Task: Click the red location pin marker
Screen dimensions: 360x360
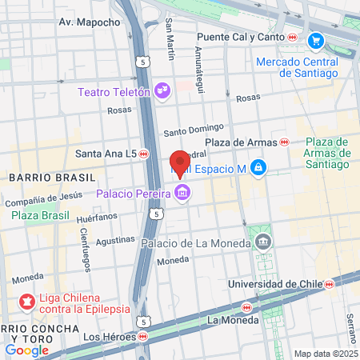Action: coord(180,162)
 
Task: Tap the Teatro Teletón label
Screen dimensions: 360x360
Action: coord(114,91)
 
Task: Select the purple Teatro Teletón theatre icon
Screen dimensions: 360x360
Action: coord(162,90)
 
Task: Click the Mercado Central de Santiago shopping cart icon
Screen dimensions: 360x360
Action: coord(316,40)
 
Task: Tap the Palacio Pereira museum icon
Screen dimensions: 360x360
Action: coord(183,193)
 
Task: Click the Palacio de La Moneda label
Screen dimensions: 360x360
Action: coord(194,242)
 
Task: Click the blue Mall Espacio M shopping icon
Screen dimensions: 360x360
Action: coord(258,168)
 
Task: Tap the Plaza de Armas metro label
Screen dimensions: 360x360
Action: coord(238,142)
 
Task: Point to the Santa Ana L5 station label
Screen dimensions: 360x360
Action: coord(104,153)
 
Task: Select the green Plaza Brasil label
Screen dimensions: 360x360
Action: coord(38,215)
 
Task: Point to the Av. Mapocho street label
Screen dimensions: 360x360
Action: coord(89,22)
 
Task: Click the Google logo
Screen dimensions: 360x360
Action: coord(26,350)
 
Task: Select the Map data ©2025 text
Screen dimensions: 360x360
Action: coord(326,354)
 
